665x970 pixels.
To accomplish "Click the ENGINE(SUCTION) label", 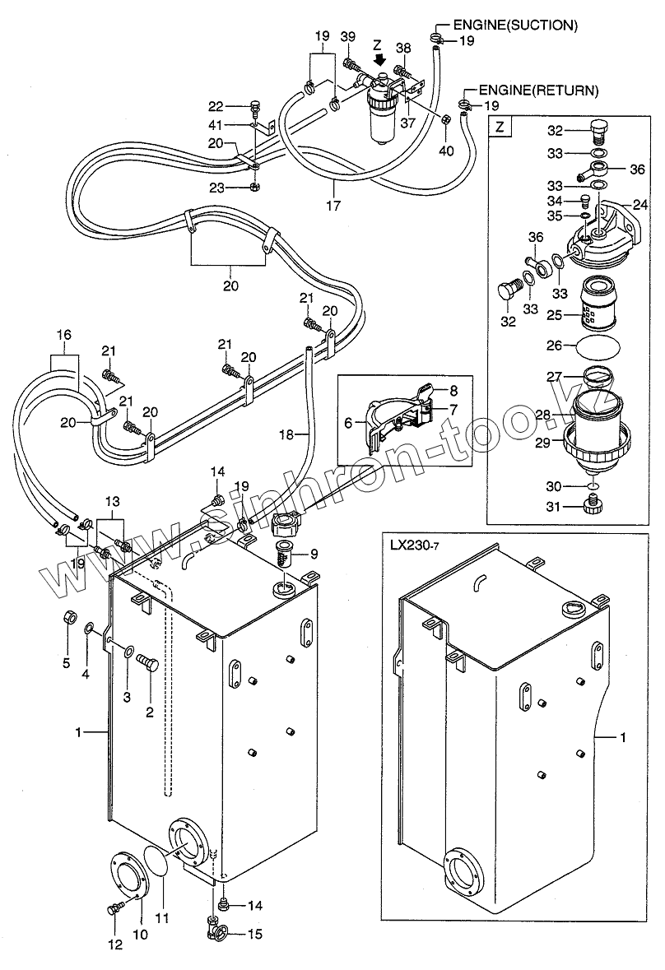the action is click(516, 26).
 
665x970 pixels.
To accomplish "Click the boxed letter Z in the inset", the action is click(500, 128).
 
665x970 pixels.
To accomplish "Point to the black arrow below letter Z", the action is click(380, 59).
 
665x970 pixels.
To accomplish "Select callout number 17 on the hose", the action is click(333, 205).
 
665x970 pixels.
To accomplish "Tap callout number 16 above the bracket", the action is click(63, 335).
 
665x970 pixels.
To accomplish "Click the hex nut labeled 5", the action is click(69, 617).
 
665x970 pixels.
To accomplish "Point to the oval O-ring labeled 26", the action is click(597, 346).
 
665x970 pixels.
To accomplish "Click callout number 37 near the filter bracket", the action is click(407, 123).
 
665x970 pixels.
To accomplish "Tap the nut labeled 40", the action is click(444, 119).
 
